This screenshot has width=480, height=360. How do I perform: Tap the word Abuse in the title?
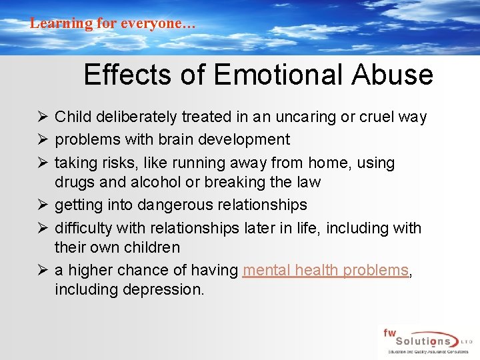point(396,75)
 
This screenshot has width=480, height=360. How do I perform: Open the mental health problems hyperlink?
point(326,270)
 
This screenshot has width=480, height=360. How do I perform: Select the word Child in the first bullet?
point(73,117)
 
